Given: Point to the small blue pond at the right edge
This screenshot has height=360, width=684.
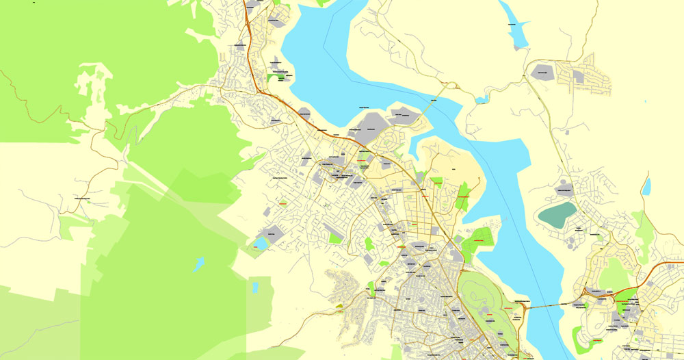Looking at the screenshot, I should [x=646, y=186].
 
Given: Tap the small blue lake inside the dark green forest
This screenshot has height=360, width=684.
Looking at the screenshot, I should [x=198, y=263].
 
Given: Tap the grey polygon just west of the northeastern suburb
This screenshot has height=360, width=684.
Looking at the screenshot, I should [x=542, y=70].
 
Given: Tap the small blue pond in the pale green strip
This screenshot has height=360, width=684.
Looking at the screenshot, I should [x=255, y=287].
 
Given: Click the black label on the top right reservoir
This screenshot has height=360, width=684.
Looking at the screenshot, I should [x=511, y=25].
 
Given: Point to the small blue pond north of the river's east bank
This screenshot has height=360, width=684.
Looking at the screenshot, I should [x=482, y=101].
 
